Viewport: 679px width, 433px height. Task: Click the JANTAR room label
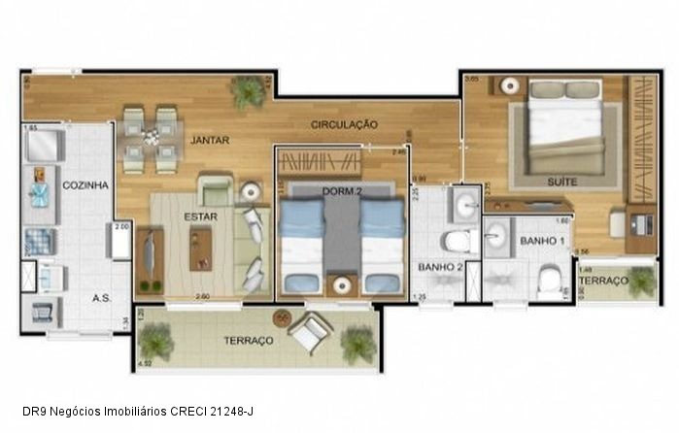[x=210, y=140]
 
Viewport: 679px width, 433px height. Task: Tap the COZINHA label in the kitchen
[x=85, y=184]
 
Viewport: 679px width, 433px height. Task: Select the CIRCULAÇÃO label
[x=344, y=124]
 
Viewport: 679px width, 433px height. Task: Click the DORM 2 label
[x=342, y=192]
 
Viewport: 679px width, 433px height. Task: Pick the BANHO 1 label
[x=536, y=240]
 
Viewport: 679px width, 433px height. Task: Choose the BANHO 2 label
[x=438, y=265]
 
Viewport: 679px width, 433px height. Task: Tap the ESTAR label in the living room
[x=201, y=216]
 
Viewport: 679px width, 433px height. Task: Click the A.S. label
[x=101, y=298]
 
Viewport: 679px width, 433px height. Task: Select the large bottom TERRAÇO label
[x=248, y=341]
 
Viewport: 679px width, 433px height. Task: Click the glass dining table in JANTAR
[x=151, y=140]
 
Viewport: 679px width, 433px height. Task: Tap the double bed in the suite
[x=565, y=126]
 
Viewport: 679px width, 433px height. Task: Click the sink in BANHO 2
[x=464, y=204]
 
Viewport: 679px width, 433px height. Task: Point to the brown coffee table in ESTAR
[x=201, y=250]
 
